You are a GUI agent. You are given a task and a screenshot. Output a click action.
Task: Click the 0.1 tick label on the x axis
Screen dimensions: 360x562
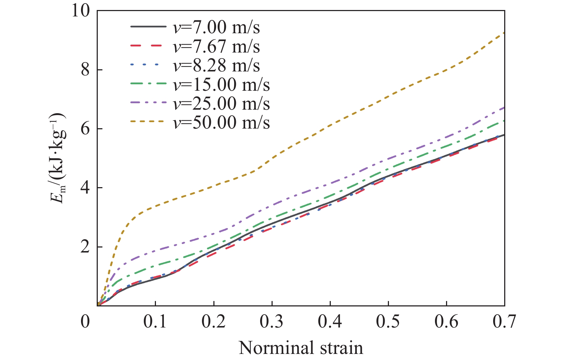155,322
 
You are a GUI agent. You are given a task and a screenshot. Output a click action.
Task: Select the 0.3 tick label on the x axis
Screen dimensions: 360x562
272,322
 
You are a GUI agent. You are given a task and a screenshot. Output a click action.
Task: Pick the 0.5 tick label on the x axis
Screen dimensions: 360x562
388,322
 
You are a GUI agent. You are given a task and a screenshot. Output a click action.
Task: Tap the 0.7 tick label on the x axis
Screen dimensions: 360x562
504,322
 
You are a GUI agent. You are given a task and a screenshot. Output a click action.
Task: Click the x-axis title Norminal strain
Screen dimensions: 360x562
300,348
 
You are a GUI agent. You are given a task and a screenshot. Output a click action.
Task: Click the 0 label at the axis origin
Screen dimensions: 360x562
85,322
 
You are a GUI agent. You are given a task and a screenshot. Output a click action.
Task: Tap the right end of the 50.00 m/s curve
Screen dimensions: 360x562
504,33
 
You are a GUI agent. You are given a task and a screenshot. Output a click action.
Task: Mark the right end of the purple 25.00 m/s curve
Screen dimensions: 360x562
504,107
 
